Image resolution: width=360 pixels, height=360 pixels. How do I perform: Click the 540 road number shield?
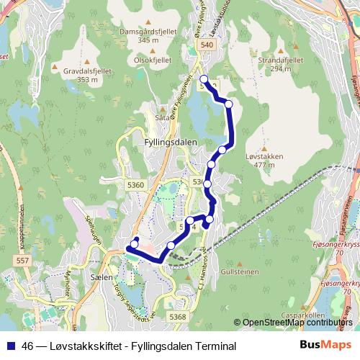[x=207, y=45]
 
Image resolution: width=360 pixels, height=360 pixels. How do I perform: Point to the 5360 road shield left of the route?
[x=135, y=185]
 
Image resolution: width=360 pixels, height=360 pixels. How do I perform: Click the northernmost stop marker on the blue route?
[x=204, y=79]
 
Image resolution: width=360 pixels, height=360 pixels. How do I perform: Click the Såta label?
[x=163, y=114]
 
